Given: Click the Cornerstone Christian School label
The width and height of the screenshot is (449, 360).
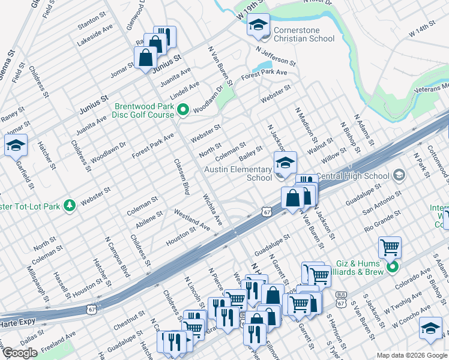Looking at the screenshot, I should click(304, 34).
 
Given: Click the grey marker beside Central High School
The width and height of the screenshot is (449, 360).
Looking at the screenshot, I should click(398, 175).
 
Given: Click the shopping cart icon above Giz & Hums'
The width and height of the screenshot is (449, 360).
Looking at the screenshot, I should click(390, 246).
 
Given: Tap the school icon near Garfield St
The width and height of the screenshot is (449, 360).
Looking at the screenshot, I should click(16, 145).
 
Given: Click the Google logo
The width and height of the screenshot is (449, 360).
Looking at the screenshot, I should click(20, 353).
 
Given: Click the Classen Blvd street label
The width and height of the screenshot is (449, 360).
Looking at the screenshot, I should click(181, 176).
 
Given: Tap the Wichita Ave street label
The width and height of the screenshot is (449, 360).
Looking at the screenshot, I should click(212, 209).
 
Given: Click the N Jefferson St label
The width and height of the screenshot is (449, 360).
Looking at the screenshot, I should click(276, 56).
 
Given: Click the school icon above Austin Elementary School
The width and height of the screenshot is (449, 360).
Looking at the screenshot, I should click(285, 161).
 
